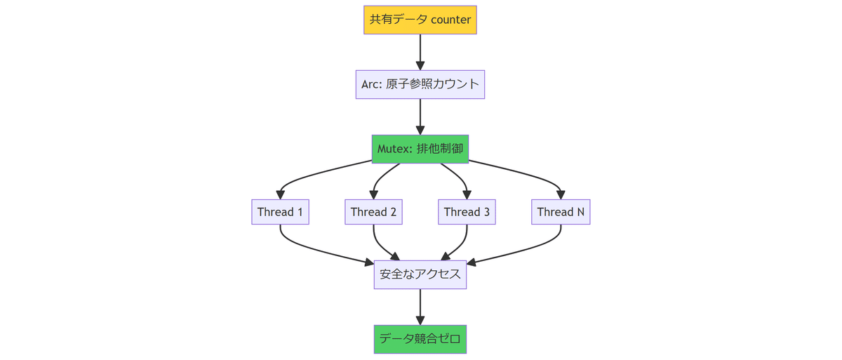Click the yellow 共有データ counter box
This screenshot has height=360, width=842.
point(420,20)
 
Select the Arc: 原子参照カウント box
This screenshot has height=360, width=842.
point(420,84)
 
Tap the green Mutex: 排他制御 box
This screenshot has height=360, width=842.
point(420,149)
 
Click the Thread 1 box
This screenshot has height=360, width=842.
point(280,212)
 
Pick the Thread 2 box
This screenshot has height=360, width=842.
point(373,212)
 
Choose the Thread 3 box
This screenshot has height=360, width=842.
point(467,212)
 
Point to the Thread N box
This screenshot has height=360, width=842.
point(560,212)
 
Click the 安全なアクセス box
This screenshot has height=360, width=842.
point(420,274)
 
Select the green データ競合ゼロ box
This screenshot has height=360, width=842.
point(420,339)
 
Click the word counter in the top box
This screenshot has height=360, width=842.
point(450,20)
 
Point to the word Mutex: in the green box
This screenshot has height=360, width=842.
point(396,149)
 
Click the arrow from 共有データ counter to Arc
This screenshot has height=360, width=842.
point(420,49)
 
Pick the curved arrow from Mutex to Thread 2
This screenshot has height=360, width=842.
point(380,180)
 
